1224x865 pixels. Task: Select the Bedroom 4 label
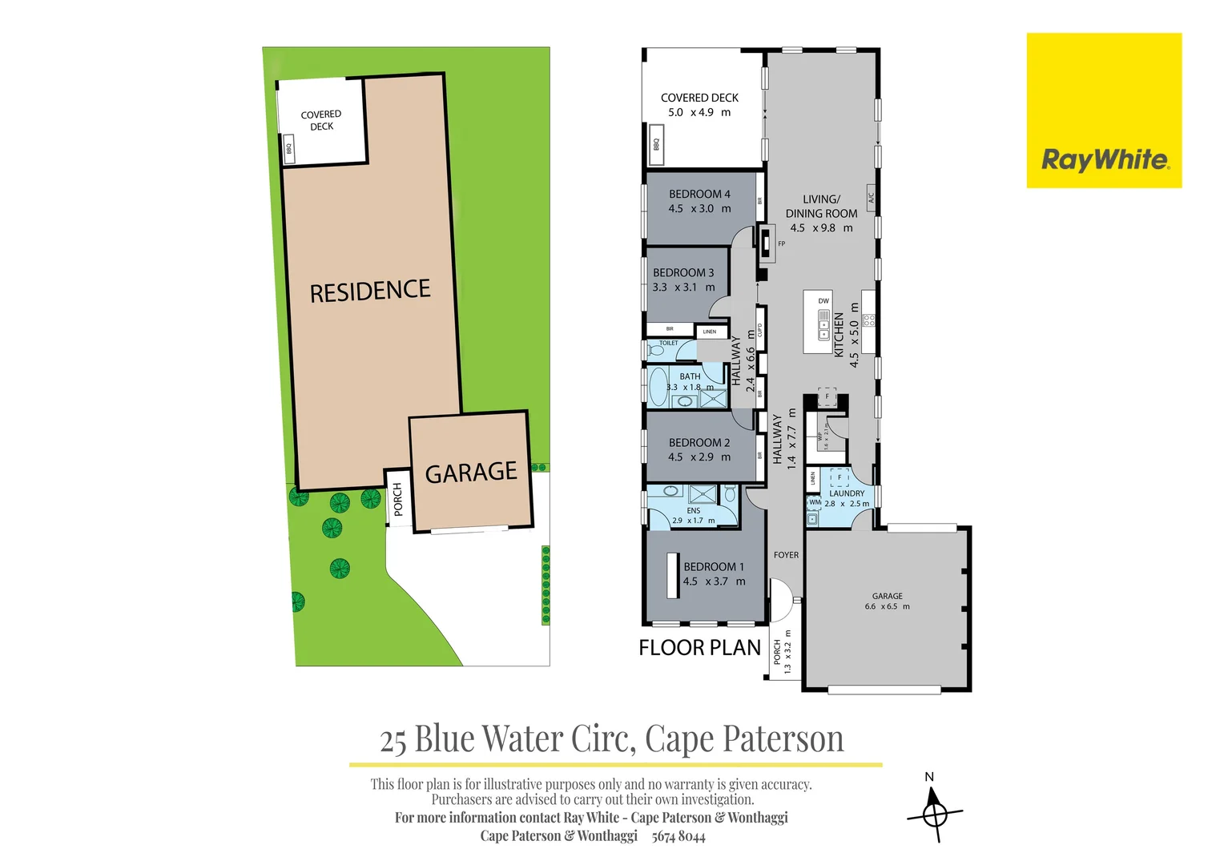pos(699,194)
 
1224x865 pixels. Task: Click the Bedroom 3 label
pos(682,272)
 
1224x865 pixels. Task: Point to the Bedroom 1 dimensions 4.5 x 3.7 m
pos(714,581)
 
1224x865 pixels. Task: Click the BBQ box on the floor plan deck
pos(656,144)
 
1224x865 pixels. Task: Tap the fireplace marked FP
pos(767,240)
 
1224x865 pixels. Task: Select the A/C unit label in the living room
pos(871,196)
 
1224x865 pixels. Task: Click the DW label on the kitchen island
pos(823,301)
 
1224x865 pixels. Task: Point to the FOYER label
pos(786,555)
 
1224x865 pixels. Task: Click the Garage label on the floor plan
pos(887,596)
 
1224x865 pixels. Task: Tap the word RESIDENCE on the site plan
pos(370,291)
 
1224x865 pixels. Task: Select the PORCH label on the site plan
pos(397,499)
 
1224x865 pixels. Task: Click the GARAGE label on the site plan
pos(471,473)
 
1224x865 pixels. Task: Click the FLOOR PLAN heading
pos(699,648)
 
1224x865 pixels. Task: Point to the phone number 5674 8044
pos(678,836)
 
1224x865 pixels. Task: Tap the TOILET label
pos(668,343)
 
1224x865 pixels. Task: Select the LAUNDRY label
pos(847,493)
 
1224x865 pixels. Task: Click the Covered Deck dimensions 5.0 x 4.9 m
pos(699,113)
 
